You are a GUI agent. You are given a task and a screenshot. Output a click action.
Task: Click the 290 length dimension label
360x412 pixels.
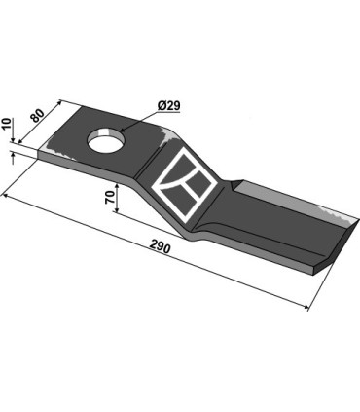pyautogui.click(x=160, y=248)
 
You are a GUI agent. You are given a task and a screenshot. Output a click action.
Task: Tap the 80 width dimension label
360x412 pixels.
pyautogui.click(x=38, y=116)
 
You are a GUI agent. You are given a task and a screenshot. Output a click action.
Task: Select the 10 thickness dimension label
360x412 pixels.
pyautogui.click(x=8, y=125)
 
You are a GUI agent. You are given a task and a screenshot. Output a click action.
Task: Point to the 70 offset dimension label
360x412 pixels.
pyautogui.click(x=110, y=198)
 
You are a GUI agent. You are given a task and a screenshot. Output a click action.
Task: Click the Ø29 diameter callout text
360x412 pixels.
pyautogui.click(x=168, y=106)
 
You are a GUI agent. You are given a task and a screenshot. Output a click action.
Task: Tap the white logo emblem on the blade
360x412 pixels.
pyautogui.click(x=184, y=185)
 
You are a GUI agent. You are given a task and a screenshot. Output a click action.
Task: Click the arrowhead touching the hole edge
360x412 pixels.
pyautogui.click(x=123, y=130)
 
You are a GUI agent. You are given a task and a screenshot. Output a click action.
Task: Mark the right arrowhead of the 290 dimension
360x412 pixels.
pyautogui.click(x=305, y=306)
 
